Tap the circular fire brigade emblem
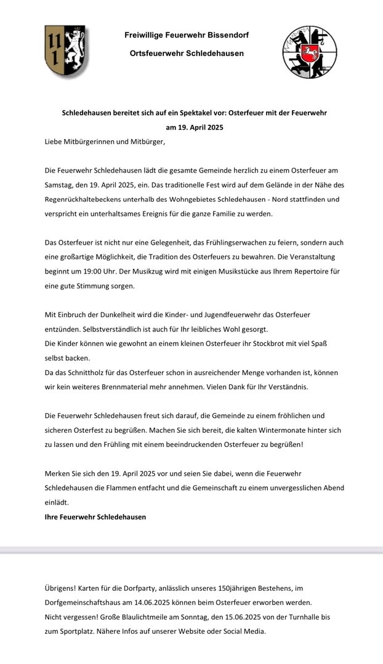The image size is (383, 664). (310, 52)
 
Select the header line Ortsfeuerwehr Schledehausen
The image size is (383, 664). (187, 53)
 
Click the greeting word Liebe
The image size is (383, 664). (55, 141)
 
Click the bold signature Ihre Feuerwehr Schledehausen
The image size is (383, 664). (95, 517)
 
